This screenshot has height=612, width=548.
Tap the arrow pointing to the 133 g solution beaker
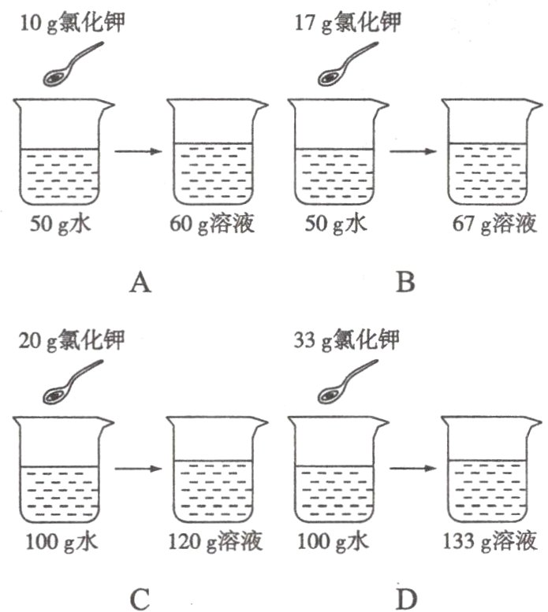[413, 469]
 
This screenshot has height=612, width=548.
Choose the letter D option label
[404, 598]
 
